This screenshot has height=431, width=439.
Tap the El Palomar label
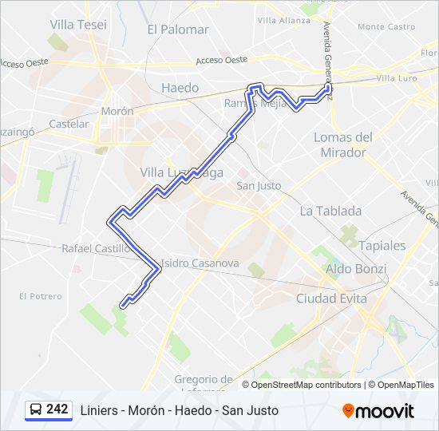tap(178, 30)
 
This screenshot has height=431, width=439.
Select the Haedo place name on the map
tap(180, 87)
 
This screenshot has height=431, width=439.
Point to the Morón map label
tap(117, 112)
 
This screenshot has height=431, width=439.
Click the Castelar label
tap(69, 125)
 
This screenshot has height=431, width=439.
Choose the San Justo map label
tap(259, 186)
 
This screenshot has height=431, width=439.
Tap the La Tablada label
tap(330, 212)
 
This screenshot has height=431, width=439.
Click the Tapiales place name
tap(382, 245)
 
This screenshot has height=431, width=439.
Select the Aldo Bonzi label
tap(356, 269)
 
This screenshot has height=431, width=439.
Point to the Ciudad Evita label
tap(331, 299)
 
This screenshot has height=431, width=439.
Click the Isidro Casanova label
tap(200, 263)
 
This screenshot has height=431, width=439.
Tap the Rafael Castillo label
tap(97, 249)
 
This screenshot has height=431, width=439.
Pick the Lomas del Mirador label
tap(344, 144)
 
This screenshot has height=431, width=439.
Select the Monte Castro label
tap(386, 26)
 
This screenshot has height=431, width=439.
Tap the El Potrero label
tap(40, 296)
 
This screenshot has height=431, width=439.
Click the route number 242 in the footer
tap(57, 409)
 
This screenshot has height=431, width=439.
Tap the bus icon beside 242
tap(36, 409)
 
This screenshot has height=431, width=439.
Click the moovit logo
tap(378, 410)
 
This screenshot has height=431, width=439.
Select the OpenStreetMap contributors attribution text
tap(307, 385)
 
